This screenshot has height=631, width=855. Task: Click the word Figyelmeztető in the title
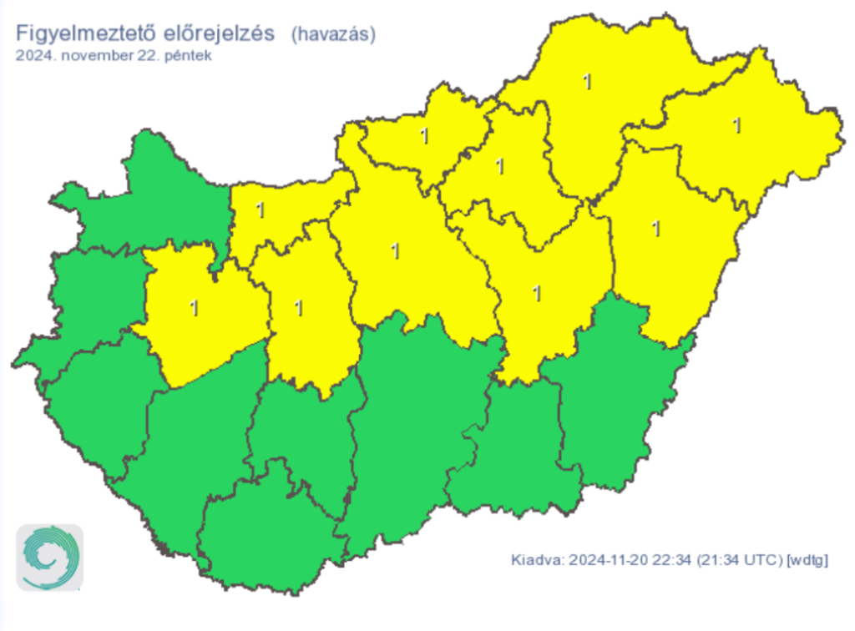tap(80, 34)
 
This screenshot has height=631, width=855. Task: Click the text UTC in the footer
tap(761, 559)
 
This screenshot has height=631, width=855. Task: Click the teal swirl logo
tap(50, 557)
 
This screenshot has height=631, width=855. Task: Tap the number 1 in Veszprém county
tap(195, 307)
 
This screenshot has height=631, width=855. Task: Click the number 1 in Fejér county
tap(299, 307)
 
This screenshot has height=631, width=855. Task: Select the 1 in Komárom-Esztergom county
tap(261, 209)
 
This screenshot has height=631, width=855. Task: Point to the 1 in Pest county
tap(395, 250)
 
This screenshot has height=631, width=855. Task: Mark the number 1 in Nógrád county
tap(425, 135)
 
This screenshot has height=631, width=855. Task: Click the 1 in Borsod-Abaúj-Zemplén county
tap(588, 82)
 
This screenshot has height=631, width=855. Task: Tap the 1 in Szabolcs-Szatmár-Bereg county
tap(736, 125)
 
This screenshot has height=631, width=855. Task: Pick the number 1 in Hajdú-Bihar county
tap(656, 227)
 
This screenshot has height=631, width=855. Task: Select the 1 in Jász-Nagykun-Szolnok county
tap(537, 293)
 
